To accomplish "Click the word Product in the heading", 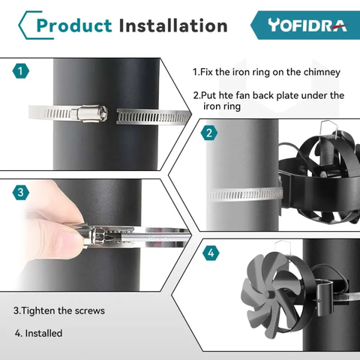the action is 74,25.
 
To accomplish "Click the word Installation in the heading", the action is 173,25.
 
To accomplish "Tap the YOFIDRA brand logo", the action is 307,25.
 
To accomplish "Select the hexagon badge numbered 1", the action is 21,71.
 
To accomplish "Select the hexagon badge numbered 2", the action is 209,133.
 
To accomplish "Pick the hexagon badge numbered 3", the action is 21,192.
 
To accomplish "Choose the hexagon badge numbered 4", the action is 211,253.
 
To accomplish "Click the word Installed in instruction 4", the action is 43,333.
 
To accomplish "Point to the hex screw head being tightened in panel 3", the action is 98,236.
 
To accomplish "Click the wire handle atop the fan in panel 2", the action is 329,130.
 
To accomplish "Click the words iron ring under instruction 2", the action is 222,106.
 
